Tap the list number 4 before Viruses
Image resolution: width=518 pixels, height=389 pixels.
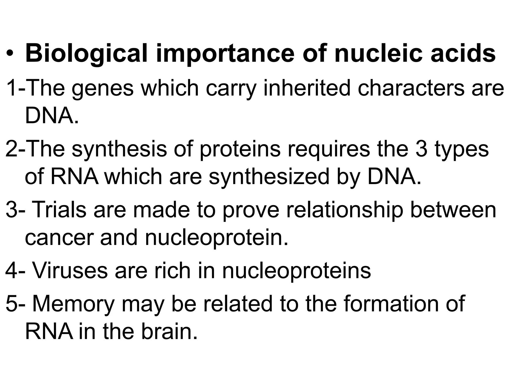11,271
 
